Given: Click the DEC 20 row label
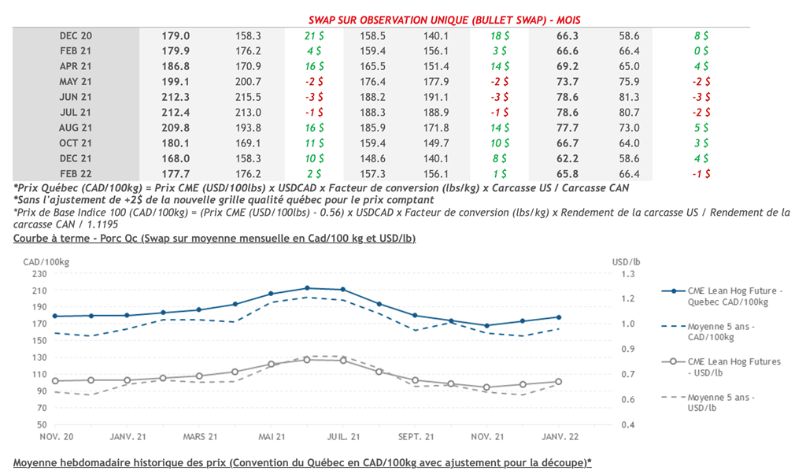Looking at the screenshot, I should coord(76,36).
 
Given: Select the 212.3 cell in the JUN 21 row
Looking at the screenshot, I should coord(176,97).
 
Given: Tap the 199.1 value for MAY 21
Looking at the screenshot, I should coord(176,82).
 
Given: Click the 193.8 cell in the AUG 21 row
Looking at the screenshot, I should coord(248,128).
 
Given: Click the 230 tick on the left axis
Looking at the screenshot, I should coord(39,273).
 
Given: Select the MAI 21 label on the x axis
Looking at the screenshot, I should coord(271,436).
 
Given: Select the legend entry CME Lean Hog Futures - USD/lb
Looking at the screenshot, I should coord(734,367).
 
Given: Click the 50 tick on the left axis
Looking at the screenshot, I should coord(42,424).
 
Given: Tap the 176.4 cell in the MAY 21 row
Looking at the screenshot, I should coord(372,82).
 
